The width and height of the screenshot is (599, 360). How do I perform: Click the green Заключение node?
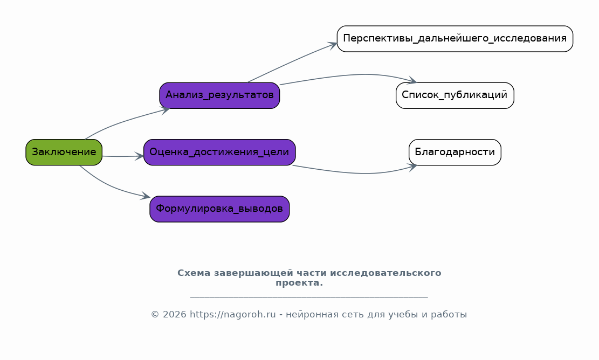point(64,153)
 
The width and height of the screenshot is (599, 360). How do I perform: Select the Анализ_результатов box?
point(219,95)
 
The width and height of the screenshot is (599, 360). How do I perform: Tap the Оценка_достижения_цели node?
point(219,153)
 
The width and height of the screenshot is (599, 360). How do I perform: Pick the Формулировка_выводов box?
point(219,209)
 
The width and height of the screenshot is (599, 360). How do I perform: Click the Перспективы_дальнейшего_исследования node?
point(455,39)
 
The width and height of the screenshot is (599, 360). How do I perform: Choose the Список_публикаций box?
point(455,95)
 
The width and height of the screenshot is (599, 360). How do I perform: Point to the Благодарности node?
point(455,153)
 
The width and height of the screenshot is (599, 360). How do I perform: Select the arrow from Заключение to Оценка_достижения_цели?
point(123,156)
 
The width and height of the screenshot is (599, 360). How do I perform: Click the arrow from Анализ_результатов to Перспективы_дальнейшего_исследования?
point(292,62)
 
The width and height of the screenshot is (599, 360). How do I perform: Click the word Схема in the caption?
point(194,273)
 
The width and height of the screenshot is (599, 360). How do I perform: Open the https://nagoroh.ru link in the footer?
point(233,315)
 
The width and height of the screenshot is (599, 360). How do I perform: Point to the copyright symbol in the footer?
point(155,315)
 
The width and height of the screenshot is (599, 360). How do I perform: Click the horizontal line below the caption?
point(309,297)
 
